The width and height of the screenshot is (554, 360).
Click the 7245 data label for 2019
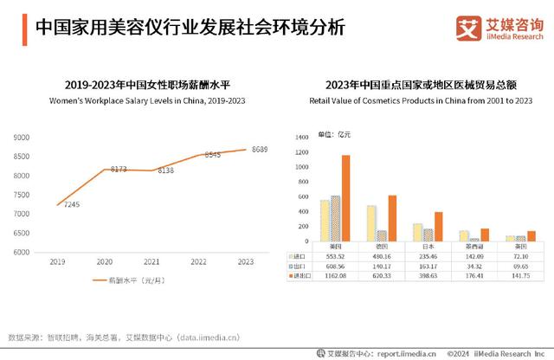click(71, 205)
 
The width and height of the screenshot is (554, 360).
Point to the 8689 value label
click(260, 150)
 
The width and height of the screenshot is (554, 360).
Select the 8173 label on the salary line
click(119, 169)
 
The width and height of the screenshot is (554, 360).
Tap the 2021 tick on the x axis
click(151, 261)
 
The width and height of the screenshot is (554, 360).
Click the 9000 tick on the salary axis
click(22, 138)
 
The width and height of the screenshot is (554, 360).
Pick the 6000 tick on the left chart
click(22, 252)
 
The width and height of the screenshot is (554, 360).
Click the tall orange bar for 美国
click(346, 198)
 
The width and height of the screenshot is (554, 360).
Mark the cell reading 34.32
click(474, 266)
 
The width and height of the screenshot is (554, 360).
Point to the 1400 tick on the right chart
click(302, 138)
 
